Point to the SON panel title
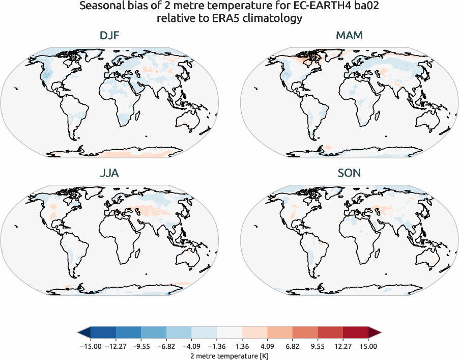(349, 173)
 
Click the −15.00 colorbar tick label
(90, 346)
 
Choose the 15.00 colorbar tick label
(368, 346)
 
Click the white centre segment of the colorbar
(229, 333)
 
